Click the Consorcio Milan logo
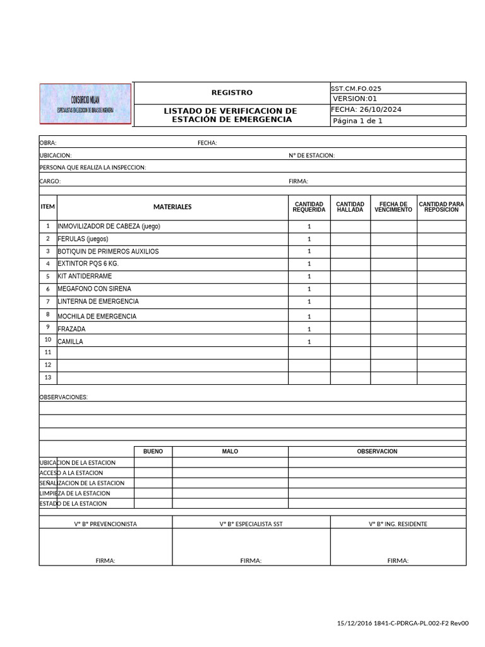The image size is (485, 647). pyautogui.click(x=85, y=104)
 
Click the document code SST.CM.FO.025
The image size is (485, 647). pyautogui.click(x=356, y=88)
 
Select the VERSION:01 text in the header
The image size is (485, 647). pyautogui.click(x=354, y=99)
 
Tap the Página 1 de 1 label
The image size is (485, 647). pyautogui.click(x=357, y=121)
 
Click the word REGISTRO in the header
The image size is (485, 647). pyautogui.click(x=232, y=93)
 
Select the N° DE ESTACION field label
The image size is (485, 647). pyautogui.click(x=311, y=155)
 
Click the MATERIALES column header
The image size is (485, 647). pyautogui.click(x=172, y=207)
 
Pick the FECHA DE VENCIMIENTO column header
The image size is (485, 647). pyautogui.click(x=393, y=207)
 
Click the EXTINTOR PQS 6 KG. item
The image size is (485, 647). pyautogui.click(x=88, y=263)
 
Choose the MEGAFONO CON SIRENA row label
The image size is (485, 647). pyautogui.click(x=94, y=289)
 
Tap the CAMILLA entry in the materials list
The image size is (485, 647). pyautogui.click(x=70, y=342)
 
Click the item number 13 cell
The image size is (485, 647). pyautogui.click(x=48, y=377)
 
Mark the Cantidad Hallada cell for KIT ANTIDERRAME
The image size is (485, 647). pyautogui.click(x=350, y=276)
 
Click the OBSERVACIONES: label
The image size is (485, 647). pyautogui.click(x=64, y=397)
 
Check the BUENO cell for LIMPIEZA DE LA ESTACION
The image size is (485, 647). pyautogui.click(x=153, y=493)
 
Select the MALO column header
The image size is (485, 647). pyautogui.click(x=230, y=452)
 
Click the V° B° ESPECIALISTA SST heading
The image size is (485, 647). pyautogui.click(x=251, y=524)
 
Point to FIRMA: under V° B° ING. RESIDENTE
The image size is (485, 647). pyautogui.click(x=398, y=560)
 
